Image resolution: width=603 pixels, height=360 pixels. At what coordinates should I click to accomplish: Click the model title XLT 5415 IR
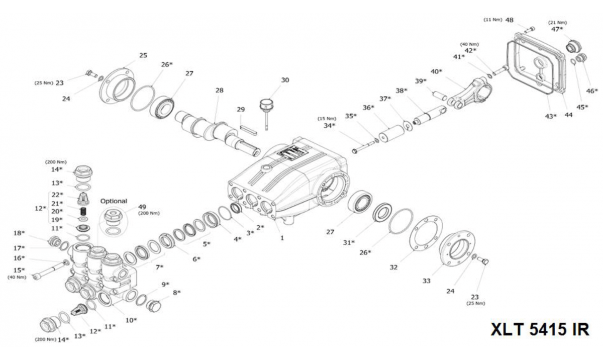click(x=540, y=329)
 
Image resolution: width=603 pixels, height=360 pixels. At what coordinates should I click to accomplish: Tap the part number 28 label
click(x=220, y=90)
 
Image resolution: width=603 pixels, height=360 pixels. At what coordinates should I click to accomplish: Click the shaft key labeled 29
click(x=249, y=130)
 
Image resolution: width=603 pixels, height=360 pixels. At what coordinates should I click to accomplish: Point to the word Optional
click(x=114, y=201)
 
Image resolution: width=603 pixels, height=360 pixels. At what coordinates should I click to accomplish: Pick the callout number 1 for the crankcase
click(x=282, y=238)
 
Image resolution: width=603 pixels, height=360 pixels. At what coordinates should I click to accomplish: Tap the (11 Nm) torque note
click(x=493, y=20)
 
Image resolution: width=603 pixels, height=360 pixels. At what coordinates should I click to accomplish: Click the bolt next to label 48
click(x=529, y=29)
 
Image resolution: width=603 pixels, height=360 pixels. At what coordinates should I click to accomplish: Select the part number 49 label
click(x=142, y=207)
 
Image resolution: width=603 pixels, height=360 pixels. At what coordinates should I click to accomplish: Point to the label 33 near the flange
click(x=427, y=281)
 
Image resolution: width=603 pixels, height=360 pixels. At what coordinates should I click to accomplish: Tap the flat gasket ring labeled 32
click(x=426, y=233)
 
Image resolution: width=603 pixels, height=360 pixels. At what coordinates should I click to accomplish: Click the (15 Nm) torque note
click(x=327, y=119)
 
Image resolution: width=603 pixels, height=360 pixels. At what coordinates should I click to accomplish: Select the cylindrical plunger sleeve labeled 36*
click(x=391, y=134)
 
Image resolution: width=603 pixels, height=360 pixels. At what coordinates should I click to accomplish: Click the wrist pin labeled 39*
click(x=440, y=96)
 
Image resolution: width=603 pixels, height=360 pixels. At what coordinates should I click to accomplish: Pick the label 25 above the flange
click(x=143, y=55)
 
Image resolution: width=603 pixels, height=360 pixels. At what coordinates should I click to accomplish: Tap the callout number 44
click(x=568, y=115)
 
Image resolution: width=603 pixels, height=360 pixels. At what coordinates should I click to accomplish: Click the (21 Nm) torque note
click(x=557, y=23)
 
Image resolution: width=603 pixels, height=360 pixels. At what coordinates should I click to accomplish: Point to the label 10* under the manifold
click(x=131, y=320)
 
